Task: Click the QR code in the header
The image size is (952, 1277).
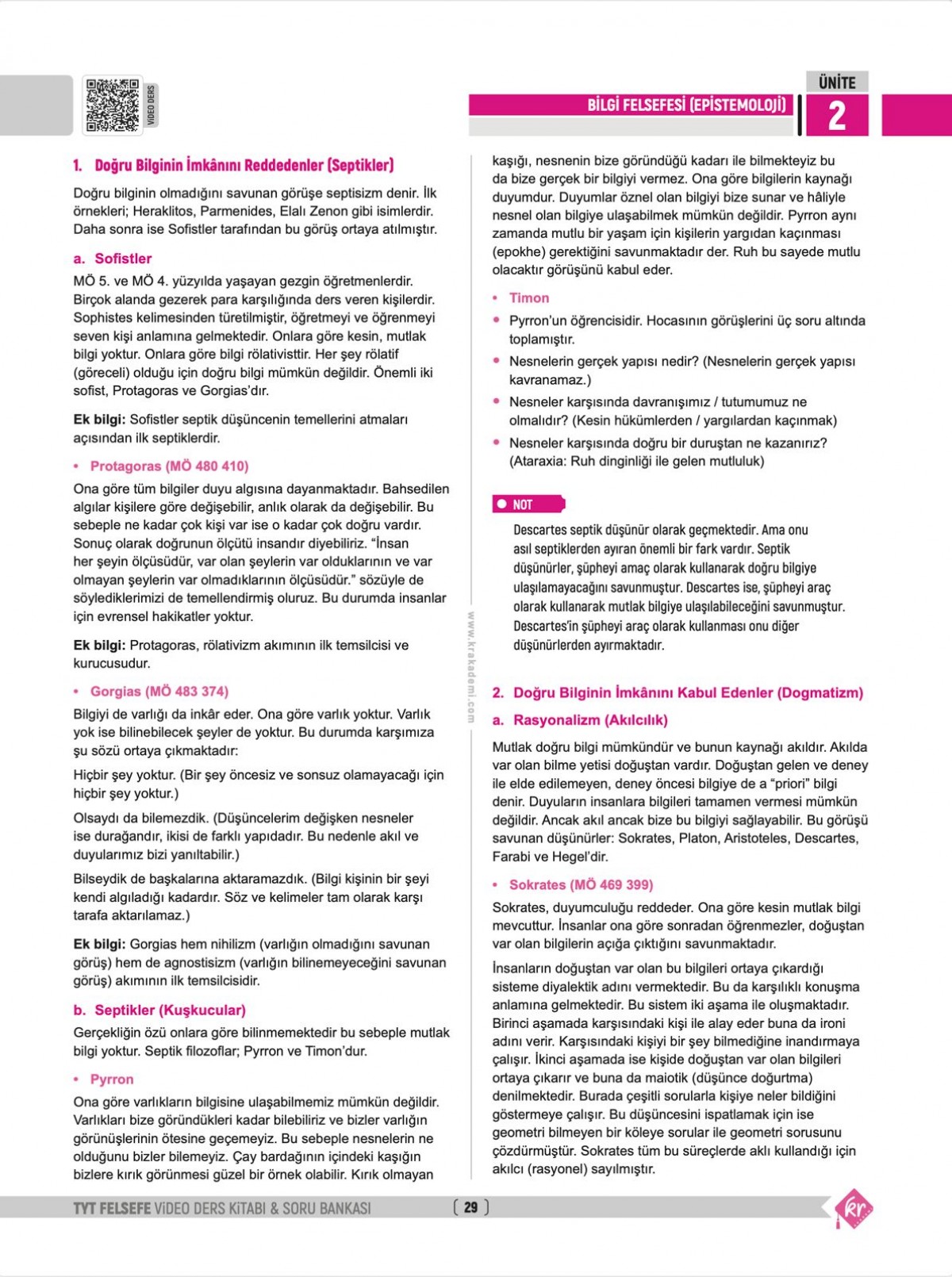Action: [x=112, y=105]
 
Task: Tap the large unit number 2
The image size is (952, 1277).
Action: [x=836, y=116]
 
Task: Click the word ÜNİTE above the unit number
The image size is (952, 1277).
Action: [x=836, y=82]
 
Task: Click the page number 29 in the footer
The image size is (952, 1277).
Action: [x=470, y=1207]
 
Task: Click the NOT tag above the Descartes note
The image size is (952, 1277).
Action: [x=528, y=504]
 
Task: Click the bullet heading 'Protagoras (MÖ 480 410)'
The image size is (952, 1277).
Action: [x=168, y=466]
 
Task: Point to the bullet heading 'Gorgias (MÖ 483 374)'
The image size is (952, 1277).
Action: [x=159, y=692]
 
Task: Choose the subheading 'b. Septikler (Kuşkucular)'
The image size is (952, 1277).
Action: [x=159, y=1010]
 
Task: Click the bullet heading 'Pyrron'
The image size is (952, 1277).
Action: [x=111, y=1080]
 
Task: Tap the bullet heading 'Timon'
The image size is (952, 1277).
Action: [x=528, y=298]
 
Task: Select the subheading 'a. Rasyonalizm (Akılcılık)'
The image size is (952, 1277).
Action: [x=580, y=720]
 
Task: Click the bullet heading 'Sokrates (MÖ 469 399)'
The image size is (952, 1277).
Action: [x=581, y=884]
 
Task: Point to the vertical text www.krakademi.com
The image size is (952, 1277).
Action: [x=470, y=666]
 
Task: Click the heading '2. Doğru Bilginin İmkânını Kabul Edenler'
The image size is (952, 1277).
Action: [x=678, y=692]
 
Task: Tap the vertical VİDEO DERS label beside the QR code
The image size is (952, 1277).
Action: [x=152, y=105]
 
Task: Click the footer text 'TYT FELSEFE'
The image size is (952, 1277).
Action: [x=112, y=1208]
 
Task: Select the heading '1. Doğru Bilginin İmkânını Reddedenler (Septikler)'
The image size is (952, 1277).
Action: [x=233, y=165]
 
